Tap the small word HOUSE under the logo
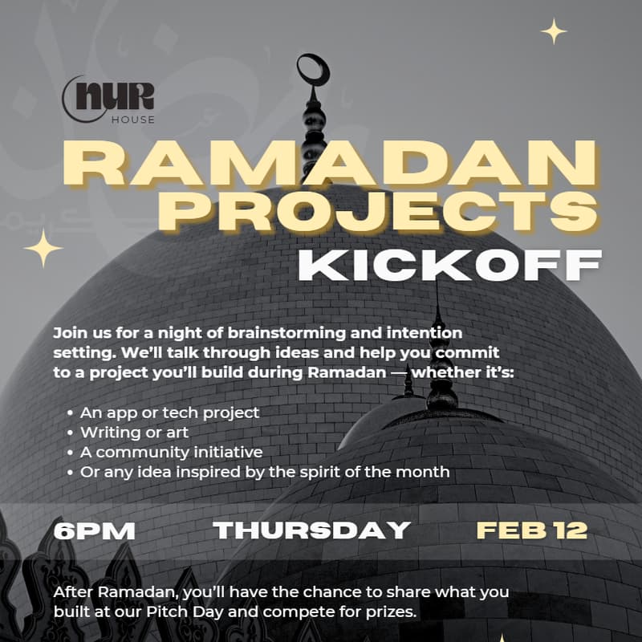click(133, 120)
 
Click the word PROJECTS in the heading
click(386, 212)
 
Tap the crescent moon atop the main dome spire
click(313, 71)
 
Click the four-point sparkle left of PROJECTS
click(43, 247)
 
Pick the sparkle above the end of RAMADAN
click(554, 31)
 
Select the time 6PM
click(94, 530)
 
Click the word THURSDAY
click(312, 530)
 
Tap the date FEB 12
click(531, 530)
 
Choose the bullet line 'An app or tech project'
click(169, 412)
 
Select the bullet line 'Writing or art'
click(134, 433)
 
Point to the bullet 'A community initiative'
click(171, 452)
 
